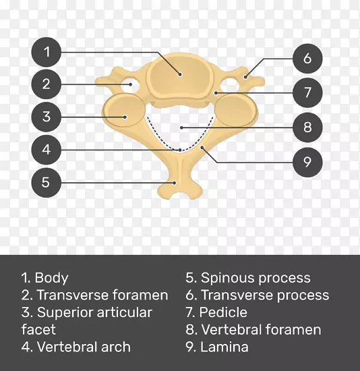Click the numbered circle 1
(47, 52)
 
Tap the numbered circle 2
(47, 84)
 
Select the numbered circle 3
(47, 117)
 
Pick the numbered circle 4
(47, 150)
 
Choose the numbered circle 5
(47, 182)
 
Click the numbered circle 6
(307, 59)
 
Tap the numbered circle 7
(307, 92)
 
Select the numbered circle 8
(307, 127)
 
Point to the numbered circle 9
(307, 162)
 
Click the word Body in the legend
(51, 278)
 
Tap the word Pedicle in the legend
(223, 312)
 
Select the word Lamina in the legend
(224, 347)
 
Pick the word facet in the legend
(38, 329)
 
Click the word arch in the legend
(116, 347)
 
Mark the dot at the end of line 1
(180, 74)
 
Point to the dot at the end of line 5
(175, 183)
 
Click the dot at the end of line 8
(181, 127)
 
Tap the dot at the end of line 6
(245, 77)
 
